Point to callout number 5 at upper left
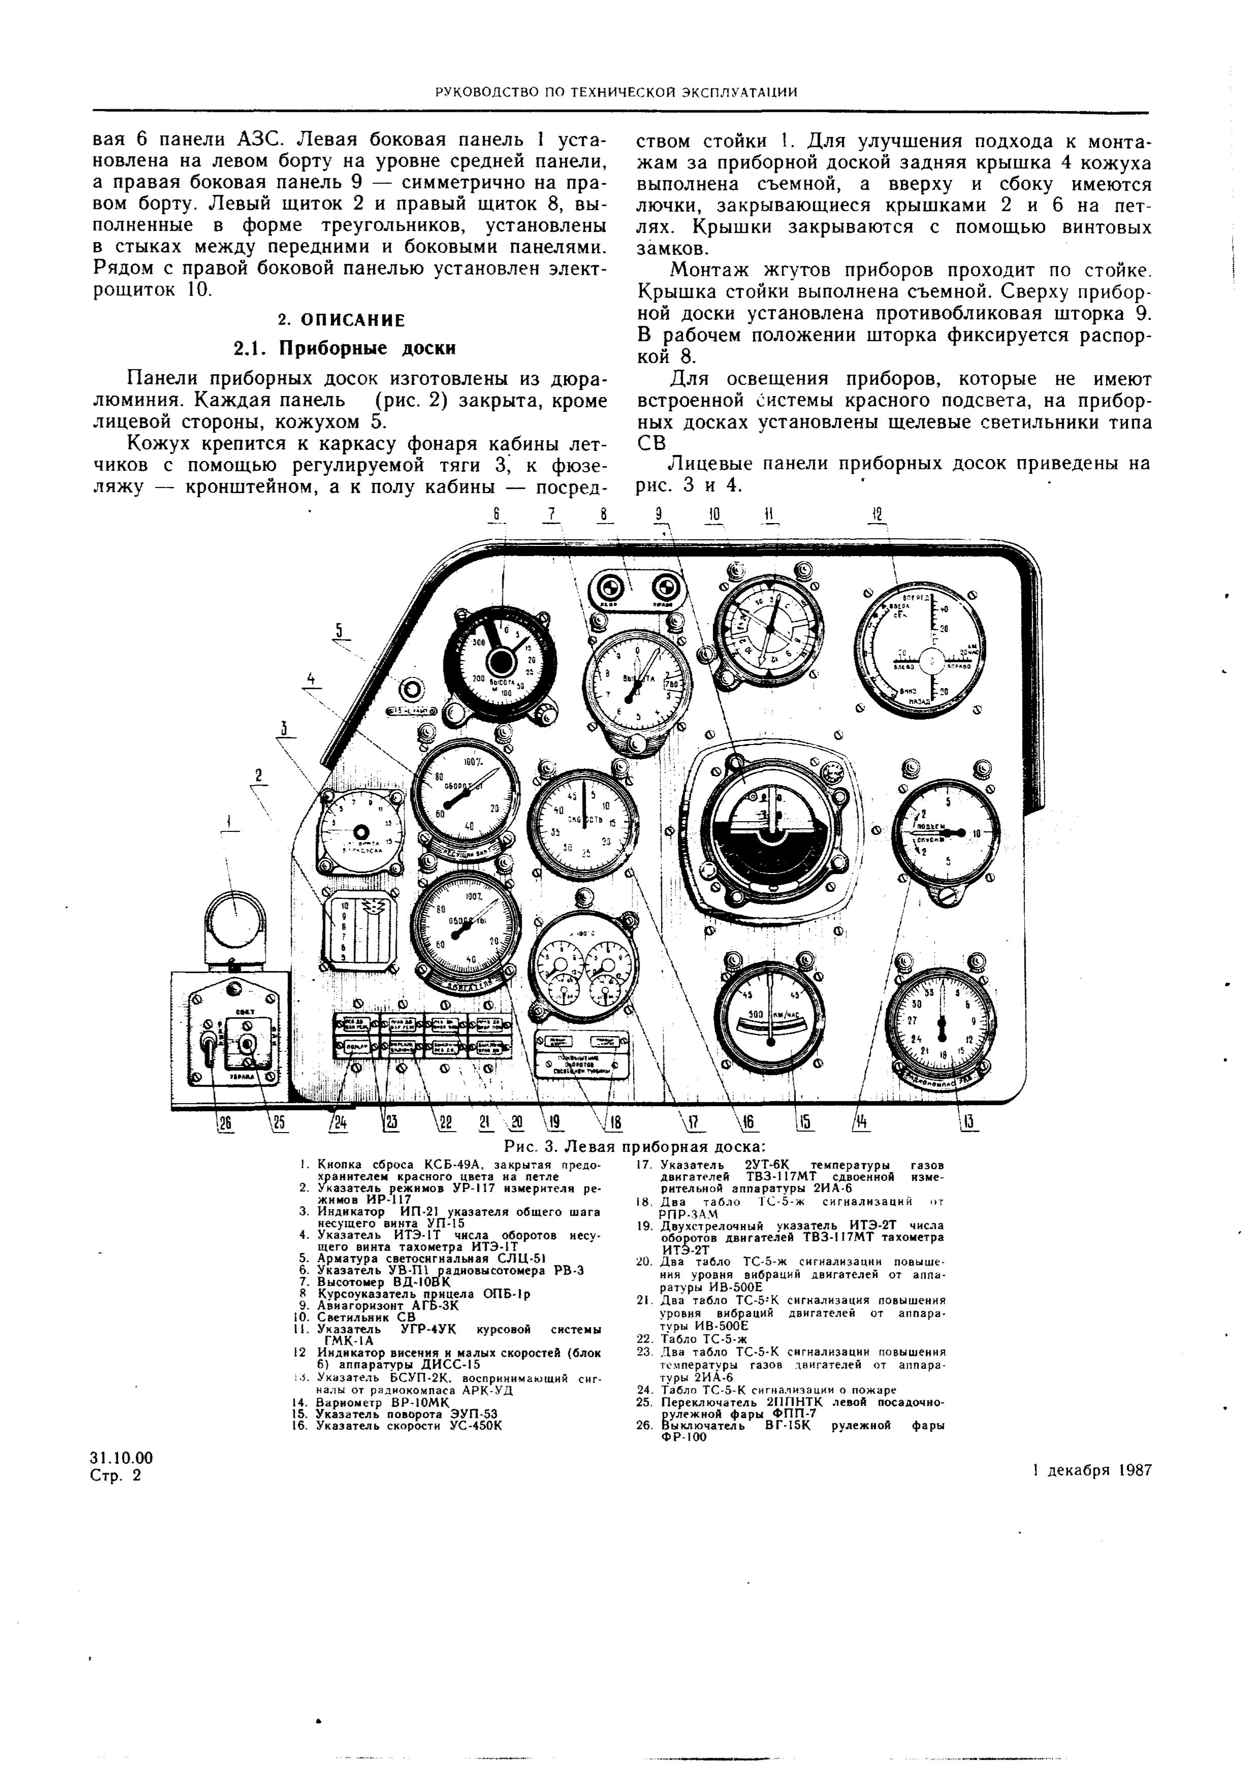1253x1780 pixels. [338, 630]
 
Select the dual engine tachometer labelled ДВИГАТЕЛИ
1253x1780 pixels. [466, 931]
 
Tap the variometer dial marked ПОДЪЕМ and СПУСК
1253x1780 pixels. [944, 833]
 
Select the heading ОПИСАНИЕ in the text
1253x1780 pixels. [341, 320]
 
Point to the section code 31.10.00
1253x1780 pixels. [122, 1458]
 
